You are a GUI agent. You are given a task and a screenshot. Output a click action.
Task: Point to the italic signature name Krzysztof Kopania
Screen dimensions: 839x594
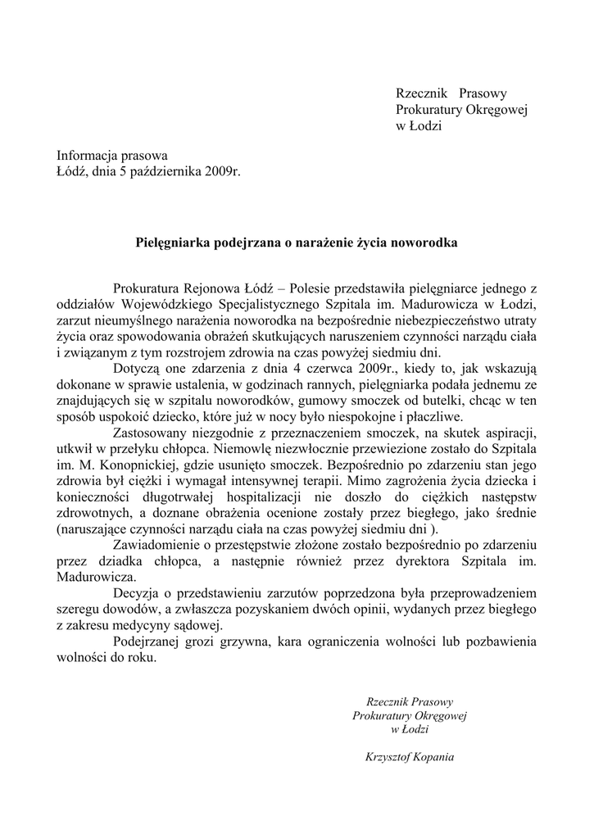(409, 757)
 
